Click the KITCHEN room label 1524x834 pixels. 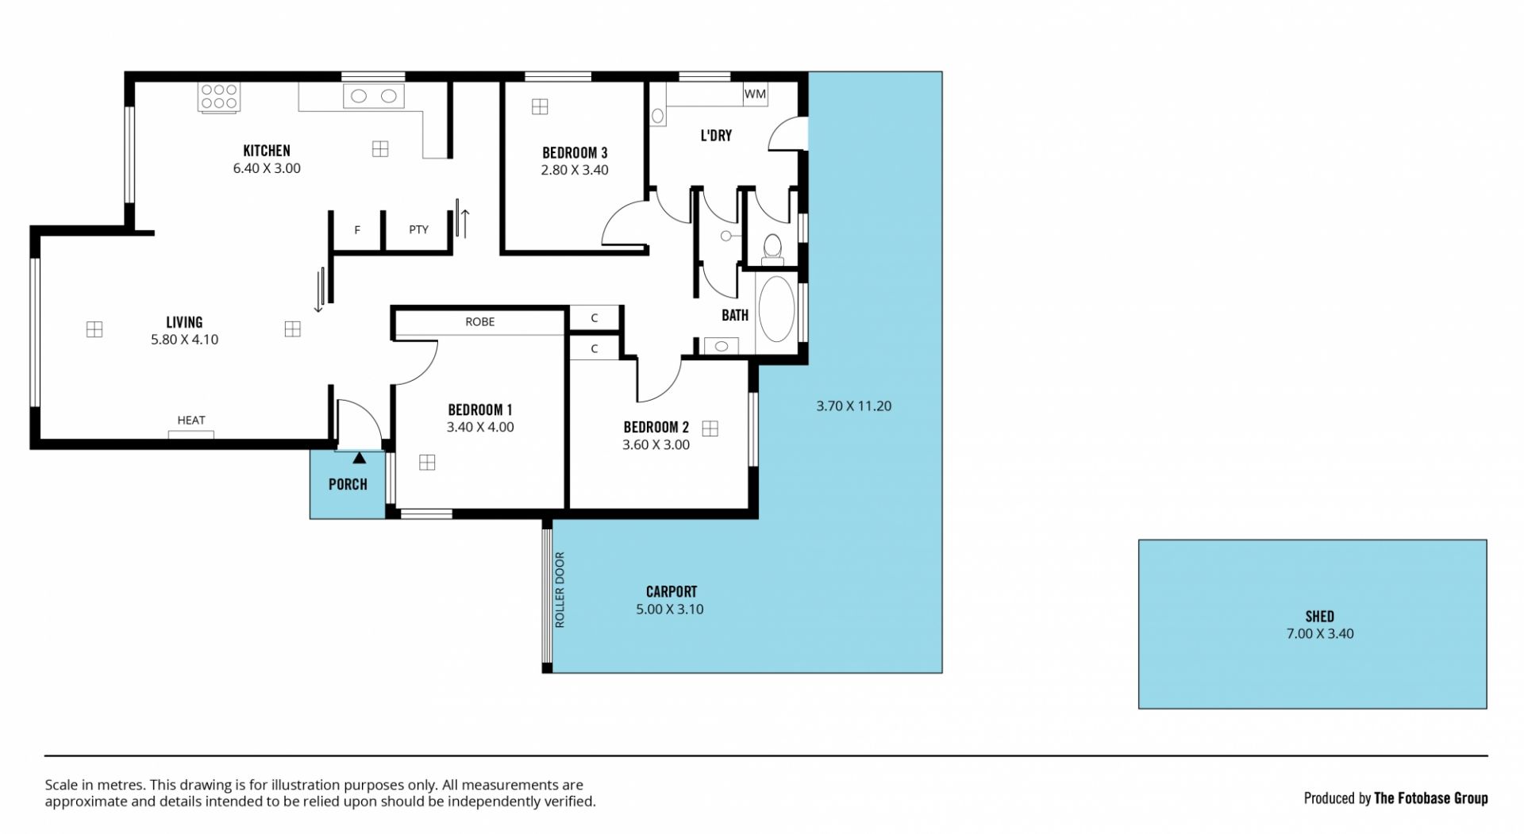(x=267, y=151)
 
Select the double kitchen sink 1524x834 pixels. (x=373, y=96)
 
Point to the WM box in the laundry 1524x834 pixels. (x=755, y=94)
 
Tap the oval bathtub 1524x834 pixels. (x=776, y=309)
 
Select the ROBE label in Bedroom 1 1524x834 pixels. (x=480, y=321)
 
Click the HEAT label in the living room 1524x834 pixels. (x=191, y=421)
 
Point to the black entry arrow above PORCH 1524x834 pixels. (x=360, y=458)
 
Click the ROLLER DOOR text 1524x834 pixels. (x=560, y=590)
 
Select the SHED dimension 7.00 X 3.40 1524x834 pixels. (x=1320, y=634)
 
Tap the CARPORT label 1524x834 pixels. (x=672, y=592)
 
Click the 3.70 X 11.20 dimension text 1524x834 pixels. (x=854, y=406)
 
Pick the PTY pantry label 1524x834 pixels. (x=418, y=230)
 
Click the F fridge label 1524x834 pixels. (x=357, y=230)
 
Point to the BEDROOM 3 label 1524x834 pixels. (x=575, y=153)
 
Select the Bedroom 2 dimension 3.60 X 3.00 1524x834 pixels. (x=656, y=445)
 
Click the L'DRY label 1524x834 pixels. (x=716, y=136)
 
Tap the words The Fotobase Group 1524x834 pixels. (x=1431, y=798)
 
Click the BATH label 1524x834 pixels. (x=735, y=316)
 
